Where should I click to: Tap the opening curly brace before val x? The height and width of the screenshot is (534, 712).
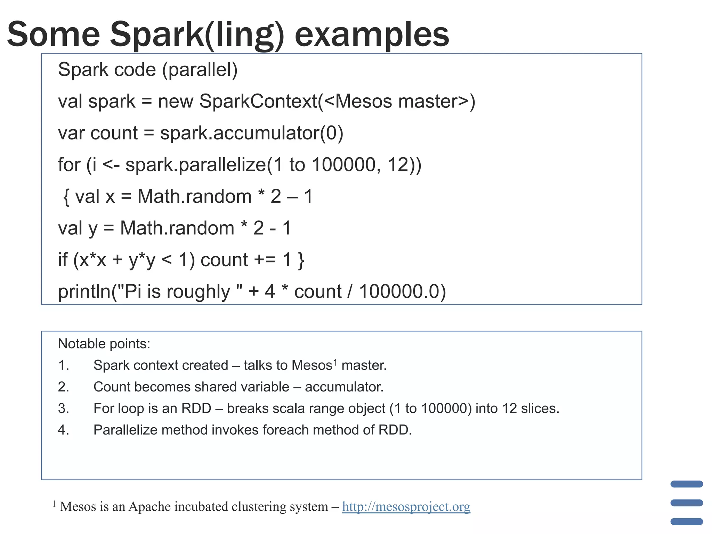66,197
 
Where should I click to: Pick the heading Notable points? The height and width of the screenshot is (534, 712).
104,344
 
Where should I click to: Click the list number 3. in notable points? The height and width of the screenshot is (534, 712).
64,408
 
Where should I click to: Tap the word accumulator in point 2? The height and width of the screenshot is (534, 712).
344,387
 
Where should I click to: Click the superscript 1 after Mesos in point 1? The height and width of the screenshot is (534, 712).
335,362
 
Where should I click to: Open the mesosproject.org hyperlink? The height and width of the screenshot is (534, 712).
406,507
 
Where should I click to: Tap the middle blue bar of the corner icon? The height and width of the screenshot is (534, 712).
687,503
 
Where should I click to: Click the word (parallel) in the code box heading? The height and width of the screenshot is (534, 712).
200,70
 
